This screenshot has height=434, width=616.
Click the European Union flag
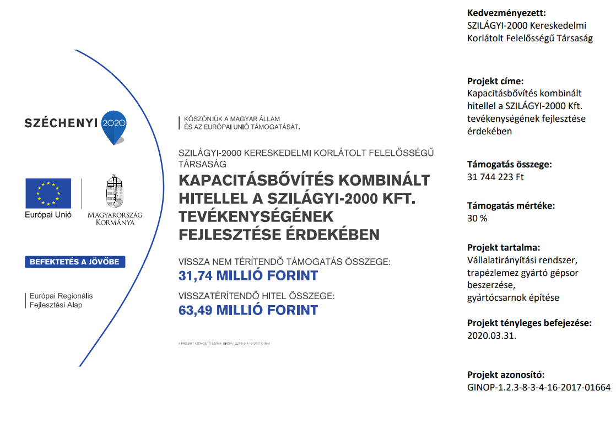(x=48, y=193)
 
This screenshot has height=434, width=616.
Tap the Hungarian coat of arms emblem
(x=115, y=192)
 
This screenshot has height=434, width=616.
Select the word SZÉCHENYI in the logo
(x=61, y=123)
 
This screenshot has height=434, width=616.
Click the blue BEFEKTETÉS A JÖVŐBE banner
(x=75, y=262)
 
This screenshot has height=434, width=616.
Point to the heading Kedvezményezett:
(x=506, y=13)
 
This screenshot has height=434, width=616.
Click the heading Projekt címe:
(x=495, y=80)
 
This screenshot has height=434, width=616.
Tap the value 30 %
(x=477, y=218)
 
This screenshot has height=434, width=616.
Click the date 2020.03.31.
(x=491, y=335)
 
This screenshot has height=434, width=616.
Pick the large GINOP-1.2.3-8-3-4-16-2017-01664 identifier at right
(x=538, y=387)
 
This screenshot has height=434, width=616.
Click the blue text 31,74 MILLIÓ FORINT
(x=248, y=275)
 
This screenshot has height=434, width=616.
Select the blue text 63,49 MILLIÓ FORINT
(x=248, y=310)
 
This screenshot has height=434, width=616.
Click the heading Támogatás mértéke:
(x=511, y=206)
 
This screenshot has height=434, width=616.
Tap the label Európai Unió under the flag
(x=48, y=215)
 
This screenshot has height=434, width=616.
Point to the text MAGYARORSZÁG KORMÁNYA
(x=115, y=218)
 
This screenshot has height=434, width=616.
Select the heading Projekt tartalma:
(x=504, y=247)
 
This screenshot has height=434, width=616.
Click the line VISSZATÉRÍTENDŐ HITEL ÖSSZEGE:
(x=256, y=296)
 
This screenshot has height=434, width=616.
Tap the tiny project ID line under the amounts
(x=224, y=343)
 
